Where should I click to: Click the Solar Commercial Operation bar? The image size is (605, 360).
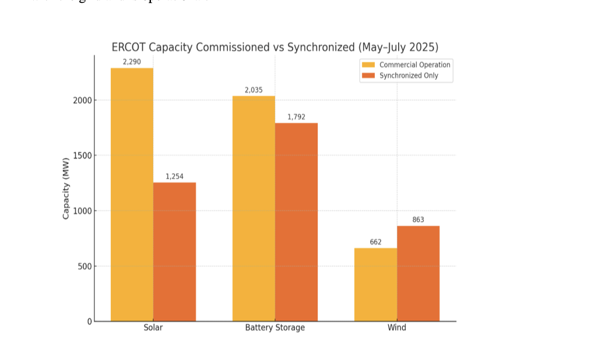(132, 195)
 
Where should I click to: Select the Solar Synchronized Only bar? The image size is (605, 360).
(174, 252)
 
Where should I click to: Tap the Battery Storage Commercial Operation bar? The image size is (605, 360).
(254, 209)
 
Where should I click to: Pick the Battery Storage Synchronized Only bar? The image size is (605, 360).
(296, 222)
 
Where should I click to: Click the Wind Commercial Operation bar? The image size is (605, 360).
(375, 284)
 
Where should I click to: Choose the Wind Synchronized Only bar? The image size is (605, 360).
(418, 273)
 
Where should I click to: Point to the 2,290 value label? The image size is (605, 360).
(132, 62)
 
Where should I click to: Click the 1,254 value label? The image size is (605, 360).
(174, 177)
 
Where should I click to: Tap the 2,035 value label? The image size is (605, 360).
(254, 90)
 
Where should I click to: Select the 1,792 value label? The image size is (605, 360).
(296, 117)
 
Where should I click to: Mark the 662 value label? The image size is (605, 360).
(375, 242)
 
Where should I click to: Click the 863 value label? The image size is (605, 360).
(418, 220)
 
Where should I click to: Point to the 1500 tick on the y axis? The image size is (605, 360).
(82, 156)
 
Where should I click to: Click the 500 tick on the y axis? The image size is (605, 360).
(85, 266)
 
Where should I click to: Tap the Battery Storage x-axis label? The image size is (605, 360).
(275, 328)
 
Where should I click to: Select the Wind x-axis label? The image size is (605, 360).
(397, 328)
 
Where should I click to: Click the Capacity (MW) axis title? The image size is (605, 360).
(66, 189)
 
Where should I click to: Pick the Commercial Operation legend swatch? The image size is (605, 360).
(368, 65)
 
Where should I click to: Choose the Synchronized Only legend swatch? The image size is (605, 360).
(368, 76)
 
